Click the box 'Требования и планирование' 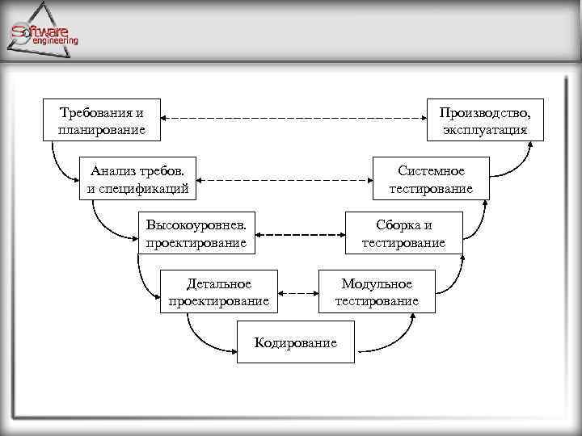click(102, 119)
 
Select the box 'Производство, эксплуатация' click(485, 119)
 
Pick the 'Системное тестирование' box click(431, 179)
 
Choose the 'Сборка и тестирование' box click(403, 233)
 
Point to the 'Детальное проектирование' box click(218, 292)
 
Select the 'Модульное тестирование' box click(377, 292)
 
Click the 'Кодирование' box click(295, 342)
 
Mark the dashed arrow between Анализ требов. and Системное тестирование click(285, 179)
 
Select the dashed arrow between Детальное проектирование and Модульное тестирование click(300, 292)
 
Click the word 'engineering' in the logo click(55, 40)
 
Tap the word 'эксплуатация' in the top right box click(485, 129)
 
